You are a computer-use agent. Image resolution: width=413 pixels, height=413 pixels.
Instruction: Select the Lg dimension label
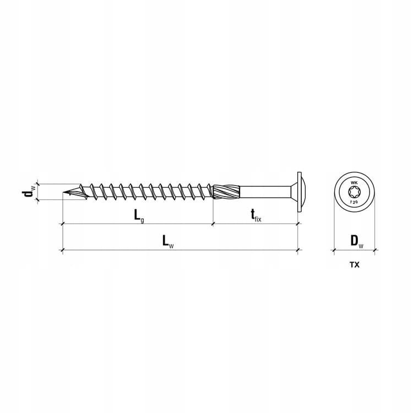pos(139,216)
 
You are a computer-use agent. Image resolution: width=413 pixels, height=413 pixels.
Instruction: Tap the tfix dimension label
pos(256,216)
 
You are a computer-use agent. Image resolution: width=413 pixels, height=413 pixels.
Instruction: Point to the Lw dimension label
pos(168,242)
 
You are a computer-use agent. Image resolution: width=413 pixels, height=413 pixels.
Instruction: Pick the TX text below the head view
pos(354,265)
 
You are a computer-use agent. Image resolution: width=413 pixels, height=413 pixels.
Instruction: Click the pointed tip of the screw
pos(64,192)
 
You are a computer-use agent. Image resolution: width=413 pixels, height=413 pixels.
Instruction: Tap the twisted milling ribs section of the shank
pos(226,192)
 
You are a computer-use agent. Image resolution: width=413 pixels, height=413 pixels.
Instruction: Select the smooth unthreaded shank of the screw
pos(265,192)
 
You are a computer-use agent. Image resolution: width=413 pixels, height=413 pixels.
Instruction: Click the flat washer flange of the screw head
pos(300,192)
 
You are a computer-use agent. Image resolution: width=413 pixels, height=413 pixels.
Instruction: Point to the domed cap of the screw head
pos(303,192)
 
